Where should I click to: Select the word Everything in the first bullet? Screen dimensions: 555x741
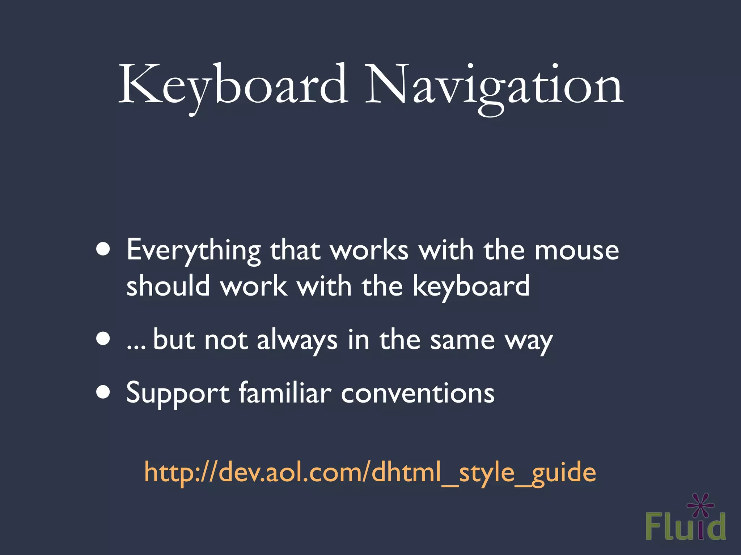[194, 251]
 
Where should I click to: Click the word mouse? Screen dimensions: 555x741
[577, 251]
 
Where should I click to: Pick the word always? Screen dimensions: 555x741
[297, 340]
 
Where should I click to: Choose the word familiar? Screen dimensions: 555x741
[285, 393]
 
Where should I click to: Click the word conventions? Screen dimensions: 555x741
[418, 393]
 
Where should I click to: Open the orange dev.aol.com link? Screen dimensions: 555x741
[370, 473]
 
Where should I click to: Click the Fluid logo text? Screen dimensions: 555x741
[685, 526]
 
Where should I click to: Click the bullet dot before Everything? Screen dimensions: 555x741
[103, 249]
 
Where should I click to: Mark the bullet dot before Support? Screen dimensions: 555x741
[103, 392]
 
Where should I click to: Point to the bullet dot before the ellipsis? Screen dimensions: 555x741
[103, 339]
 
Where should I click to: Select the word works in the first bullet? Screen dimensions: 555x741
[369, 251]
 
